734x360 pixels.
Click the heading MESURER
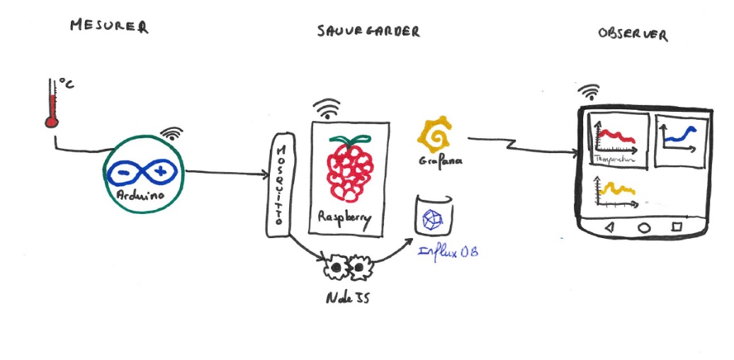109,27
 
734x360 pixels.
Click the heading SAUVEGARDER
368,31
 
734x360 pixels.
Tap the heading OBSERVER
632,33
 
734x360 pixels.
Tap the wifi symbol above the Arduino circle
171,133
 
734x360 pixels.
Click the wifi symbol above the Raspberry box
327,108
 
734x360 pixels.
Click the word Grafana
440,161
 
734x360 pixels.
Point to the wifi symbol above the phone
589,92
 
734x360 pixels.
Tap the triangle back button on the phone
609,227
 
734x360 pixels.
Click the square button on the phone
676,227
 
